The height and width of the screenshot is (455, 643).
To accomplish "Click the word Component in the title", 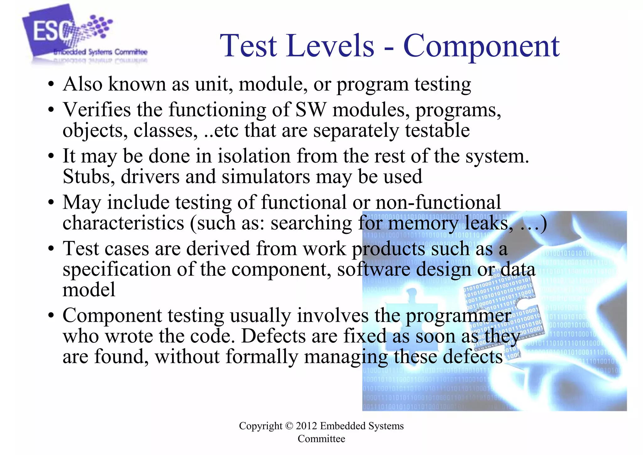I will pos(481,46).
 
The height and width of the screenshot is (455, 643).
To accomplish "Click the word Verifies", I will pos(97,110).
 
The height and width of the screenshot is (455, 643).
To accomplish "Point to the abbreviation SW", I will pos(311,110).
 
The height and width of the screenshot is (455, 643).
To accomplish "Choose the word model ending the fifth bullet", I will pos(89,290).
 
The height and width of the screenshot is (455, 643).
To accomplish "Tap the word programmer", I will pos(459,316).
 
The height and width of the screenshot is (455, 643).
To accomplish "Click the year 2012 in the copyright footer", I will pos(306,426).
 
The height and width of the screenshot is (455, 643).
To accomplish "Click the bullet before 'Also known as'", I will pos(51,85).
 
